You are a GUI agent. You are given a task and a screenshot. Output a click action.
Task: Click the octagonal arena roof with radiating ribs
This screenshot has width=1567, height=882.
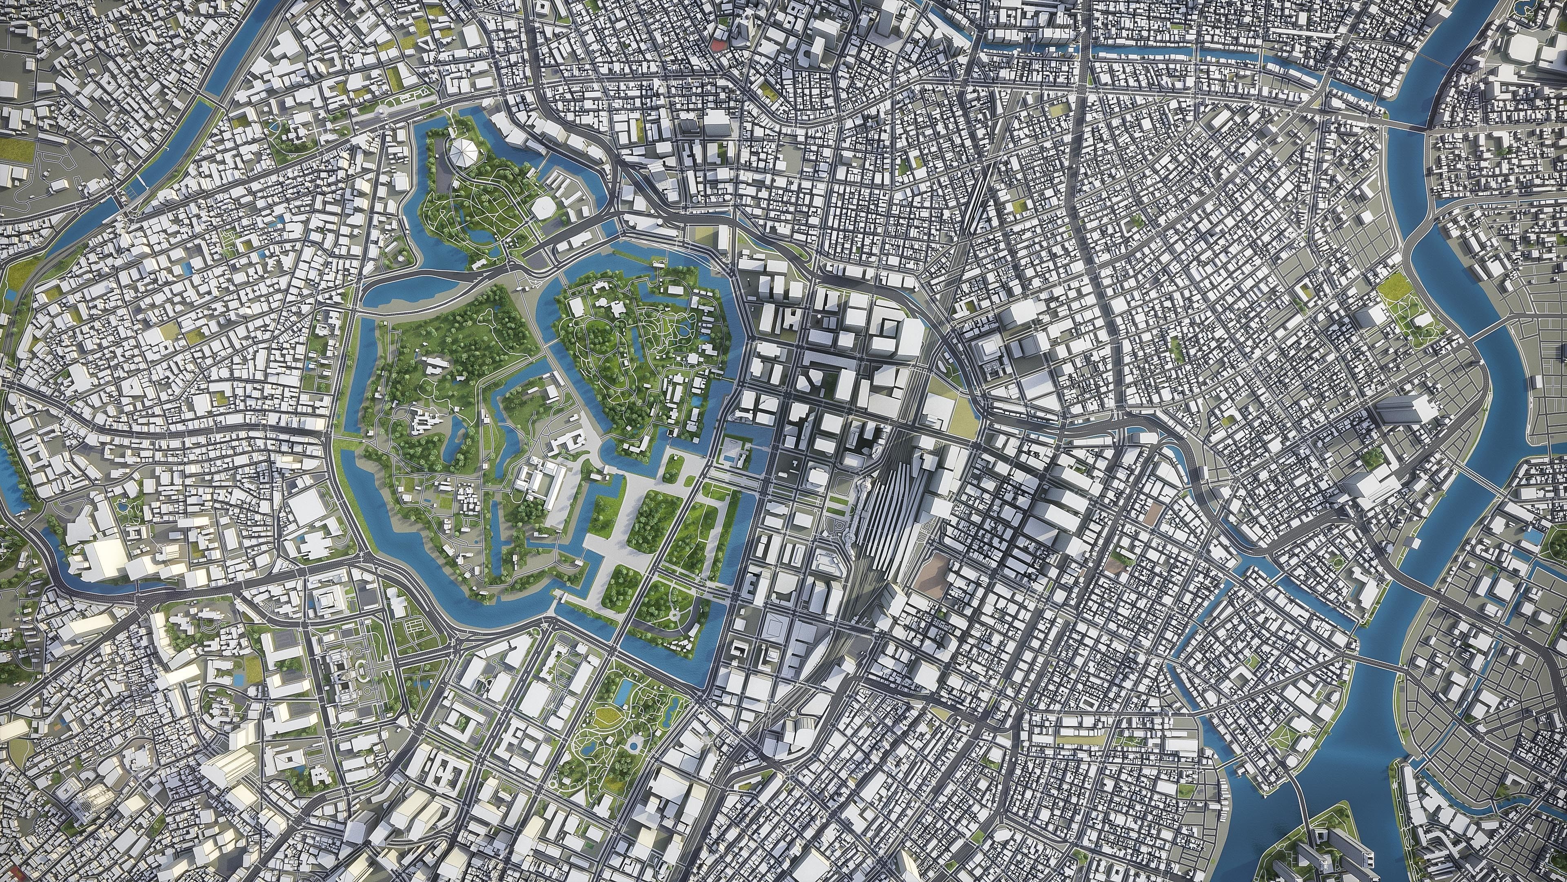click(464, 151)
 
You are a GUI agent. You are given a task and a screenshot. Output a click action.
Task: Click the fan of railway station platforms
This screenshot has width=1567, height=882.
click(889, 517)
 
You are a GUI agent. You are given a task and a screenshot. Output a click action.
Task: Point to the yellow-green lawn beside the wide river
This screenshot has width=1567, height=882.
click(1393, 283)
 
